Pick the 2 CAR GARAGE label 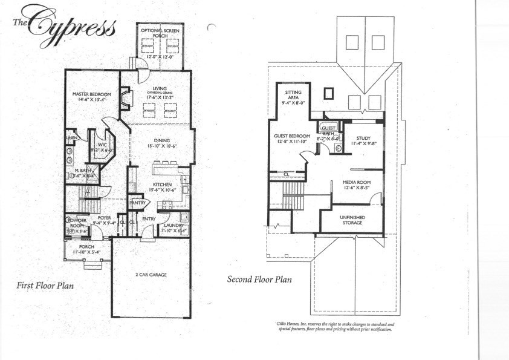[151, 275]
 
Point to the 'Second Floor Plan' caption [259, 280]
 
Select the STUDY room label [363, 138]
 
